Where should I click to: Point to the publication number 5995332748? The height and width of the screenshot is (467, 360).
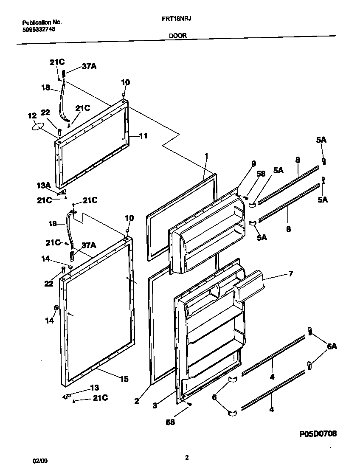coord(38,30)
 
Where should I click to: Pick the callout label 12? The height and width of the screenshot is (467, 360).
coord(32,115)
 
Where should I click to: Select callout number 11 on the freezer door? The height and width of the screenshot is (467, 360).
coord(143,136)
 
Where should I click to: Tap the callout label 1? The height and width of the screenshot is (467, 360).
coord(206,156)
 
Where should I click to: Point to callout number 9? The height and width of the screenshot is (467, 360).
coord(254,163)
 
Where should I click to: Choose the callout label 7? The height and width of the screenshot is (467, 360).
coord(290,273)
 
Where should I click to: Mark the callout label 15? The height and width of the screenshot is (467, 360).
coord(124,379)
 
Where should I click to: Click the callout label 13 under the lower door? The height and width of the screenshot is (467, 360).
coord(95,388)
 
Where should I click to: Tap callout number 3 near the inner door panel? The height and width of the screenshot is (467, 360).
coord(155,405)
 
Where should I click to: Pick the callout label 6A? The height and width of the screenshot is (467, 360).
coord(332,346)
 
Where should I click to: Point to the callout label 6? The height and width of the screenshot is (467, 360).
coord(215,397)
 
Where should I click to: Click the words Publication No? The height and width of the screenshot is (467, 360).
coord(42,22)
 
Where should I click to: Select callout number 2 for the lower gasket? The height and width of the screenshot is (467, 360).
coord(137,400)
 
